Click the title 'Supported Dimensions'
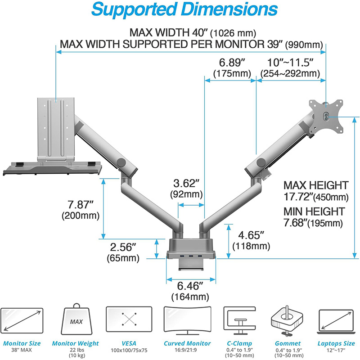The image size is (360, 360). [184, 9]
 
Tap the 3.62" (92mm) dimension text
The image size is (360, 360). [186, 189]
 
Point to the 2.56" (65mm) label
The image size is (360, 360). [123, 252]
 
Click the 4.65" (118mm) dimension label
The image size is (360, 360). [251, 240]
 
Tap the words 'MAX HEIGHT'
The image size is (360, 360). [316, 185]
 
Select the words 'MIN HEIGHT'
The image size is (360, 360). [314, 211]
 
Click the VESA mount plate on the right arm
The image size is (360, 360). [326, 116]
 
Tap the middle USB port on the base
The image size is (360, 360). [191, 256]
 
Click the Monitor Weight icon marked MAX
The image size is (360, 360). [76, 319]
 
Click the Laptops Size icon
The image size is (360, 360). [336, 321]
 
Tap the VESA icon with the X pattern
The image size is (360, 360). [129, 319]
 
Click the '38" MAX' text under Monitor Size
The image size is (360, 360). [22, 350]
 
